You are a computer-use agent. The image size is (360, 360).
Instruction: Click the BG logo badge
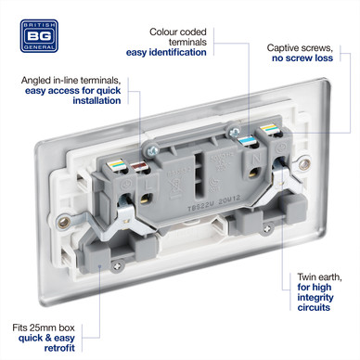(39, 36)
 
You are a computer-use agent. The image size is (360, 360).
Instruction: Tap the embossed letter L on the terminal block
(149, 186)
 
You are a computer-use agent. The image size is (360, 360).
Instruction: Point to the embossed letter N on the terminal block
(256, 159)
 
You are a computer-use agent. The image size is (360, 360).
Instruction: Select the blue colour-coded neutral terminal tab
(248, 141)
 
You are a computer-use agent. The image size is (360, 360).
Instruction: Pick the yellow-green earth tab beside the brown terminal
(118, 164)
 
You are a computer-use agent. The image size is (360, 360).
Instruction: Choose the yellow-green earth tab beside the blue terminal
(268, 129)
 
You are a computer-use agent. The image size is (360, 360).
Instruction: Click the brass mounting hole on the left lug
(64, 222)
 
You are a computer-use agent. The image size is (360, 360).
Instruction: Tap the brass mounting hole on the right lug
(304, 164)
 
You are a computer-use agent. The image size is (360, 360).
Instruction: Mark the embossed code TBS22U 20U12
(214, 204)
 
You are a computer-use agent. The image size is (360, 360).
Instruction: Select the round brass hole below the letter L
(146, 199)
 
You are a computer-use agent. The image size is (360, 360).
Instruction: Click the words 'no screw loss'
(302, 58)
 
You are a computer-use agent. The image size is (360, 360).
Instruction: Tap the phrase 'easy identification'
(166, 52)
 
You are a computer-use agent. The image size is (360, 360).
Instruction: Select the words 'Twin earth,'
(320, 277)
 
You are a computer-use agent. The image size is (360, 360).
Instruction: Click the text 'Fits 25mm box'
(44, 328)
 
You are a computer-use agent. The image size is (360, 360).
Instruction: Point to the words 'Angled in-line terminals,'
(71, 81)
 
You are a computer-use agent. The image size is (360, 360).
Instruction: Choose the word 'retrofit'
(59, 348)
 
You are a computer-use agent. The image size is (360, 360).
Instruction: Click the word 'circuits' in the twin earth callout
(314, 307)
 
